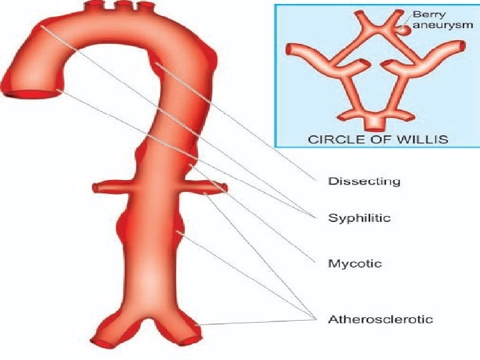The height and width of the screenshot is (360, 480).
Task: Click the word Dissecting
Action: point(364,181)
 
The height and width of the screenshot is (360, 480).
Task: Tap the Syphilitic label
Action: point(359,217)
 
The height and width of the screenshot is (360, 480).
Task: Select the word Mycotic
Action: point(355,263)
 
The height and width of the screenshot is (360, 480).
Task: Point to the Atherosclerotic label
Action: point(380,319)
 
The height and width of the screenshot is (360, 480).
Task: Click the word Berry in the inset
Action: point(426,13)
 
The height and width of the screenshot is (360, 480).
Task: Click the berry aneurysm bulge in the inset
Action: point(405,30)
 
